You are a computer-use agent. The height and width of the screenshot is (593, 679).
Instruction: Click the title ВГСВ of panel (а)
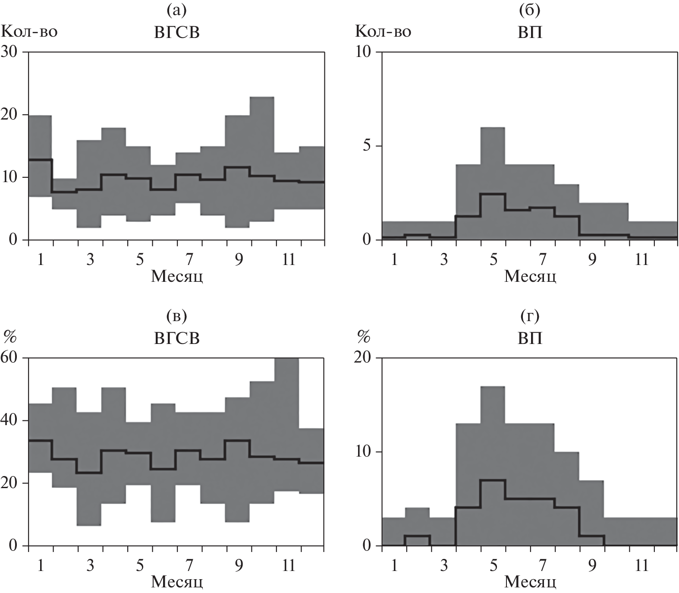click(x=177, y=33)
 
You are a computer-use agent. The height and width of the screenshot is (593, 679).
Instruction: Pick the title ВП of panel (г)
click(x=530, y=339)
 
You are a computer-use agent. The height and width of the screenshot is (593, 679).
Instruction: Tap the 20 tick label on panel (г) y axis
click(x=365, y=358)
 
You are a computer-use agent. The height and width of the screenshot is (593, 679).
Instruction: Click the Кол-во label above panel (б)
click(x=383, y=31)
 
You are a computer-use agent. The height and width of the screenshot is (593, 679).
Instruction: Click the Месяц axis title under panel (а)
click(x=177, y=276)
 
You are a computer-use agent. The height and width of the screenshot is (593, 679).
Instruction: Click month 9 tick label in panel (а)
click(x=239, y=260)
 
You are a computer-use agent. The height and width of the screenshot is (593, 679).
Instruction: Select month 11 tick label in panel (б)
click(x=641, y=260)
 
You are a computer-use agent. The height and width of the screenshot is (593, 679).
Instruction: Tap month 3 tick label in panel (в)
click(x=90, y=565)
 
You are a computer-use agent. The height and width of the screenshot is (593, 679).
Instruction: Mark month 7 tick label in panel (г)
click(x=543, y=565)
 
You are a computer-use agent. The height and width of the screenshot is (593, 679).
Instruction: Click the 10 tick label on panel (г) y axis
click(x=365, y=452)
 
